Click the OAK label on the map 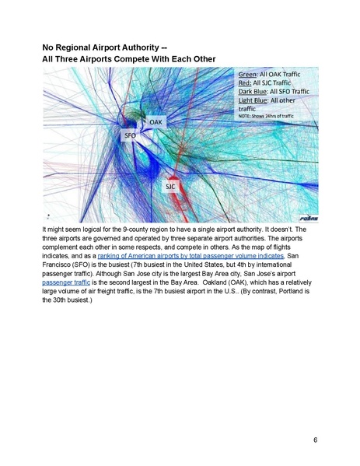[156, 122]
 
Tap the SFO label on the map [131, 136]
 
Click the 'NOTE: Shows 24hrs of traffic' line [266, 117]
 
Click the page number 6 [315, 440]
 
